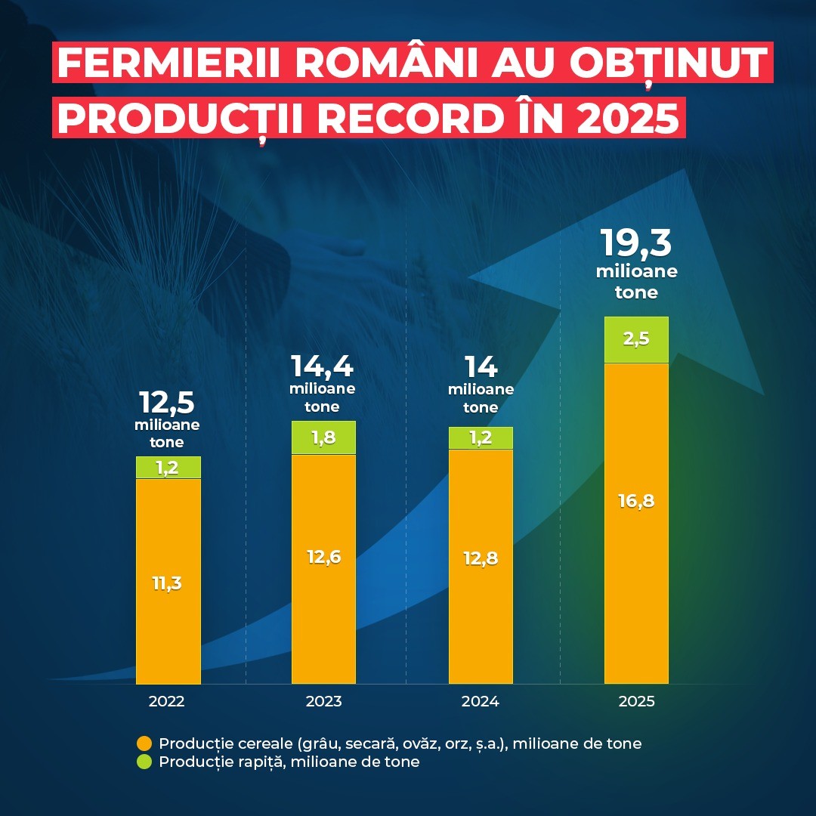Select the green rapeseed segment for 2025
tap(636, 340)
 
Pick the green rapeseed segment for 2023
tap(323, 437)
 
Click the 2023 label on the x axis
tap(323, 701)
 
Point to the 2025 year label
tap(636, 701)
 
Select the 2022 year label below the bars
tap(167, 701)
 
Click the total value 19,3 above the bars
tap(636, 243)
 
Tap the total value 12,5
tap(168, 403)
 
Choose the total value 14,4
tap(323, 366)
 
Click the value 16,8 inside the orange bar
tap(636, 500)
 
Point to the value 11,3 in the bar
tap(168, 583)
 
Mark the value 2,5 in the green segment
tap(636, 338)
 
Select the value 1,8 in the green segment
tap(323, 437)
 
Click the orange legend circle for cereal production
tap(144, 743)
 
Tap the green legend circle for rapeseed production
tap(144, 762)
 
